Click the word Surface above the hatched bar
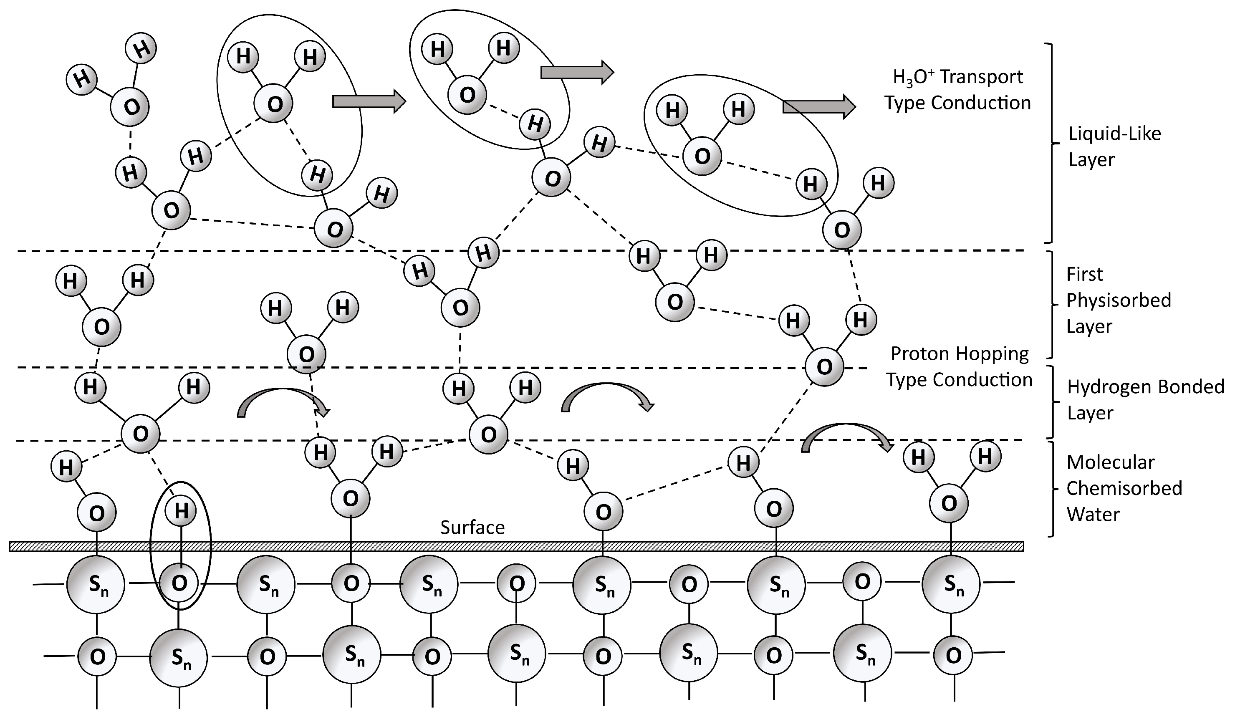(x=472, y=528)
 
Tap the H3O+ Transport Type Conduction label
(x=957, y=90)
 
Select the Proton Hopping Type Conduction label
(x=959, y=367)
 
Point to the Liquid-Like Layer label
(x=1114, y=146)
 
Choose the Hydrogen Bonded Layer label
(x=1145, y=400)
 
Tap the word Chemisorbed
(x=1124, y=488)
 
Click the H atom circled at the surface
(x=181, y=511)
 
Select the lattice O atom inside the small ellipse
(x=179, y=583)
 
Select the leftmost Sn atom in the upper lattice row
(x=96, y=584)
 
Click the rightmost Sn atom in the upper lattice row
(x=951, y=584)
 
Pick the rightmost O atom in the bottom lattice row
(x=953, y=655)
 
